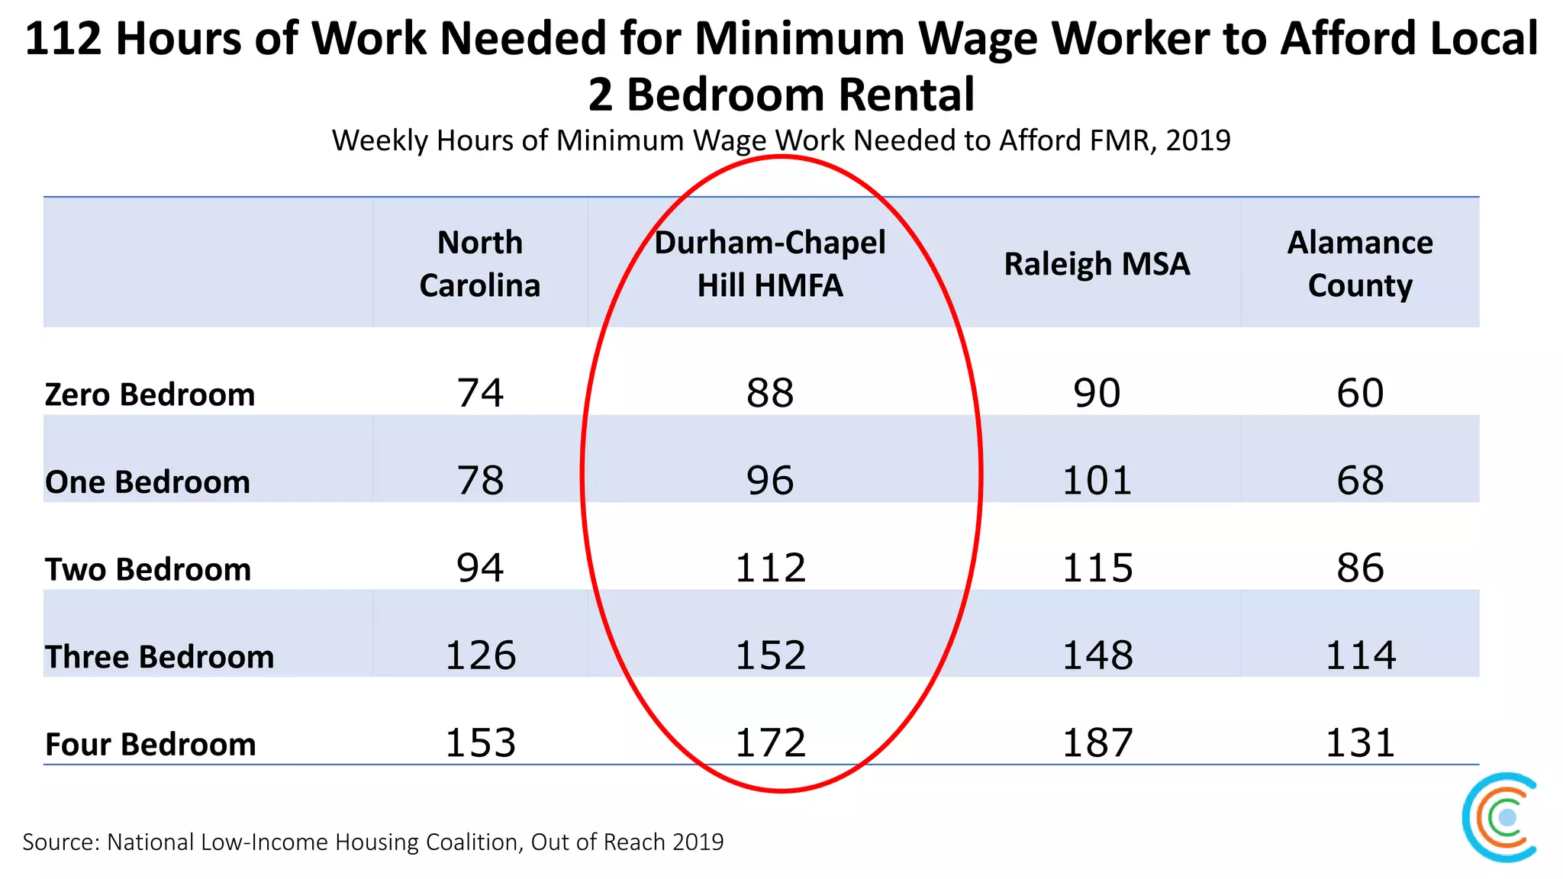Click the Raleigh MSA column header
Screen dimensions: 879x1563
[x=1097, y=264]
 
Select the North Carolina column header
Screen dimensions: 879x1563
[x=480, y=264]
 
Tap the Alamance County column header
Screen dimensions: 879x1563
[x=1360, y=264]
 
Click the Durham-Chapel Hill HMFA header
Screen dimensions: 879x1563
[x=770, y=264]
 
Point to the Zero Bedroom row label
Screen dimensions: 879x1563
[x=150, y=395]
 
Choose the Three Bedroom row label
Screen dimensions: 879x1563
[x=160, y=657]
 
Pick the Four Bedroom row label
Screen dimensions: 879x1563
[x=150, y=745]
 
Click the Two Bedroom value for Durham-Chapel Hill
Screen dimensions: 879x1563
[x=770, y=568]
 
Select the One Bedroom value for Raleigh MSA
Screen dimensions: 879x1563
[x=1097, y=481]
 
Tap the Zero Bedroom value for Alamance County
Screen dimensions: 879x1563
[x=1360, y=394]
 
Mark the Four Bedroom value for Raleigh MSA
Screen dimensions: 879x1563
[x=1097, y=743]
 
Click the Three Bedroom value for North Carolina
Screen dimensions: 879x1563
[x=480, y=655]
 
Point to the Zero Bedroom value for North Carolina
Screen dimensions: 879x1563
[x=480, y=394]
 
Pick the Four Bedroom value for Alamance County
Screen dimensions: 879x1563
[x=1360, y=743]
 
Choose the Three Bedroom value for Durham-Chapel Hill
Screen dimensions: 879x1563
[x=770, y=655]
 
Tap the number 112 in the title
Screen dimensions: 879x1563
[x=63, y=39]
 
